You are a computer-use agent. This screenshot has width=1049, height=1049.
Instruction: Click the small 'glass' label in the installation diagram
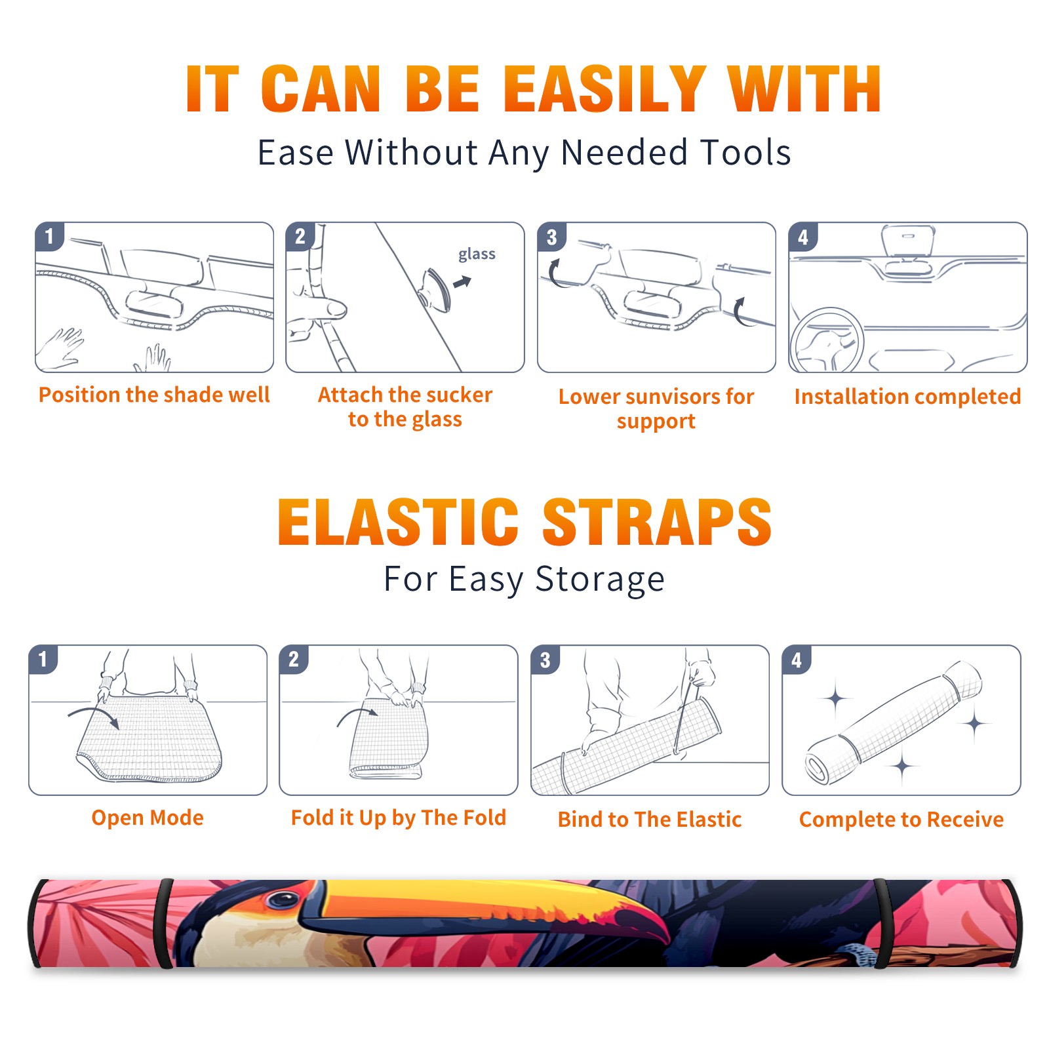pos(477,254)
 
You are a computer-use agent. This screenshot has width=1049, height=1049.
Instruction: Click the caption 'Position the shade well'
pos(154,395)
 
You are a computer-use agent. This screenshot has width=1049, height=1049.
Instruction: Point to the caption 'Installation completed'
pos(907,396)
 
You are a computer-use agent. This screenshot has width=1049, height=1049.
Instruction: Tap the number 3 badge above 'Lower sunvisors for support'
pos(551,237)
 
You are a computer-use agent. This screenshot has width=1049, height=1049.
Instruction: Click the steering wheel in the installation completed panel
pos(827,340)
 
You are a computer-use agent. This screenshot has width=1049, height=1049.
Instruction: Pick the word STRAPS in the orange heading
pos(657,522)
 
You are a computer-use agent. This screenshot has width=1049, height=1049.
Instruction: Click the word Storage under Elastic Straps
pos(600,580)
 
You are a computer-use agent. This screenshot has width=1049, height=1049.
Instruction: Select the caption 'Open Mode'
pos(148,818)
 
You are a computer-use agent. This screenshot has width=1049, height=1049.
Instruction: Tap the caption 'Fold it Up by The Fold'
pos(399,818)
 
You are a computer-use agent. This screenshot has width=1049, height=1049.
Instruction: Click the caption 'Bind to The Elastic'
pos(650,820)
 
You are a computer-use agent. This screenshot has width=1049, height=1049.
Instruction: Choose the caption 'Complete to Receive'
pos(901,820)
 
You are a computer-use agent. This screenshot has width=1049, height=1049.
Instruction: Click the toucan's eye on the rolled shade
pos(284,900)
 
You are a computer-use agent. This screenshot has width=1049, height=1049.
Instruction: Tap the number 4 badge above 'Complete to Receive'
pos(797,660)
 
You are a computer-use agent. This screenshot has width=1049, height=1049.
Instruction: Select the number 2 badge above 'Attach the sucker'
pos(300,237)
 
